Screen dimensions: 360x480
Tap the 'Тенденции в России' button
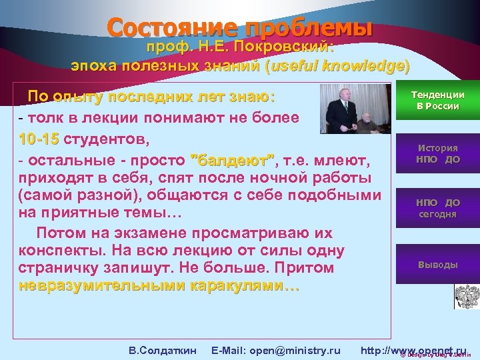437,101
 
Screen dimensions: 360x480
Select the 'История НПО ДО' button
437,154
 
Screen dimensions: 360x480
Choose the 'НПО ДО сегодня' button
437,208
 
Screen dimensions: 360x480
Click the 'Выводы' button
437,265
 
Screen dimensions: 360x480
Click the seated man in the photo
365,120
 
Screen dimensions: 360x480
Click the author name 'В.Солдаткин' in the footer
162,350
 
